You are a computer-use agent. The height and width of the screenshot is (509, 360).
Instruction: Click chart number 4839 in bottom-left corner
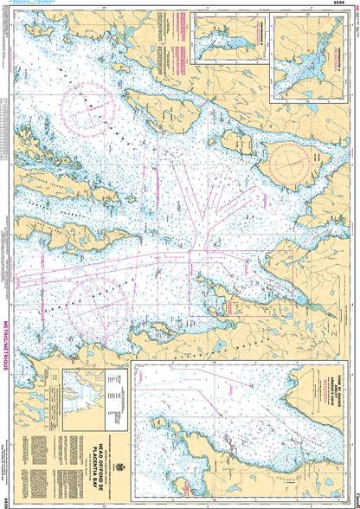[x=7, y=499]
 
